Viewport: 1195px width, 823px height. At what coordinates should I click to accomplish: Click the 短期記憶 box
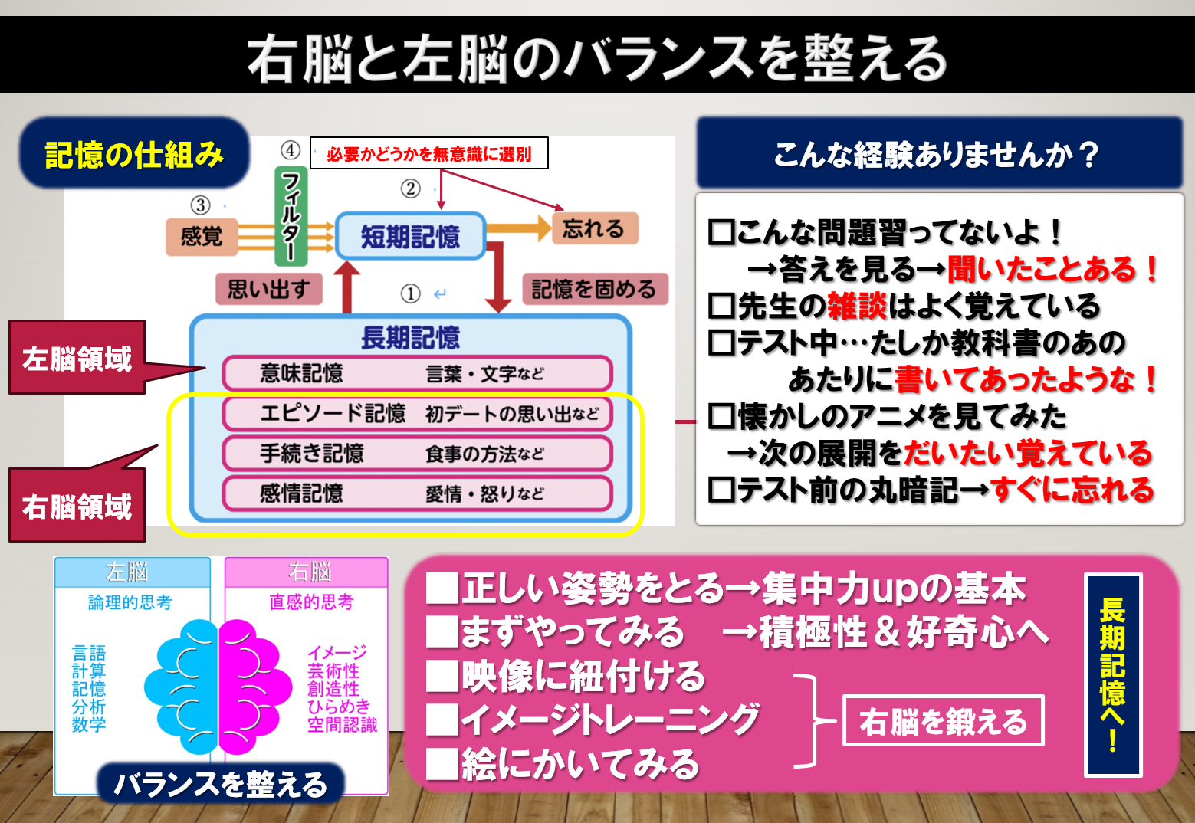(x=410, y=236)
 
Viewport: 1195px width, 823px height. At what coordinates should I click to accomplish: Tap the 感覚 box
(x=202, y=236)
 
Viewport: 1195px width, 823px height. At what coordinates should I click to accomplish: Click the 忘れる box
(x=594, y=228)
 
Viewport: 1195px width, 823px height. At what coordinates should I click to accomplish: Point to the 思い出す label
(x=268, y=289)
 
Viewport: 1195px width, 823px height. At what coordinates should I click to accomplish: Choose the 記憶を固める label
(x=594, y=289)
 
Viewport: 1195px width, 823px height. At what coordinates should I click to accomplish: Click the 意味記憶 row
(x=417, y=374)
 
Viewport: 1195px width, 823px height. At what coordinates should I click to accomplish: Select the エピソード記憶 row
(x=417, y=414)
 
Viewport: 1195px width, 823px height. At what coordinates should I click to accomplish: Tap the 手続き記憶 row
(x=417, y=454)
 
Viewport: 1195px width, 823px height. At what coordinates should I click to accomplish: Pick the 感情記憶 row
(x=417, y=493)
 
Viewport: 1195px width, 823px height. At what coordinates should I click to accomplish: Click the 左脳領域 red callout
(x=77, y=358)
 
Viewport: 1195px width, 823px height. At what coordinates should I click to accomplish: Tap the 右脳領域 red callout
(x=77, y=506)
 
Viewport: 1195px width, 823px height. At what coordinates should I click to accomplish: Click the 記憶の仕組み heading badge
(x=134, y=154)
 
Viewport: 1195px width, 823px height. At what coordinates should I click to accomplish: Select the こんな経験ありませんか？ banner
(x=938, y=153)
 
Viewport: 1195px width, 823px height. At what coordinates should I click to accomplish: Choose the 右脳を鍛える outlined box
(x=943, y=721)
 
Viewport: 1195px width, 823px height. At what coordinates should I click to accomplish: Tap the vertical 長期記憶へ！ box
(x=1113, y=674)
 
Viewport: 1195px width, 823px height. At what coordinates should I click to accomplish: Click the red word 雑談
(x=857, y=306)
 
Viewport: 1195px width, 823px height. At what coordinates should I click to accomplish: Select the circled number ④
(x=290, y=150)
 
